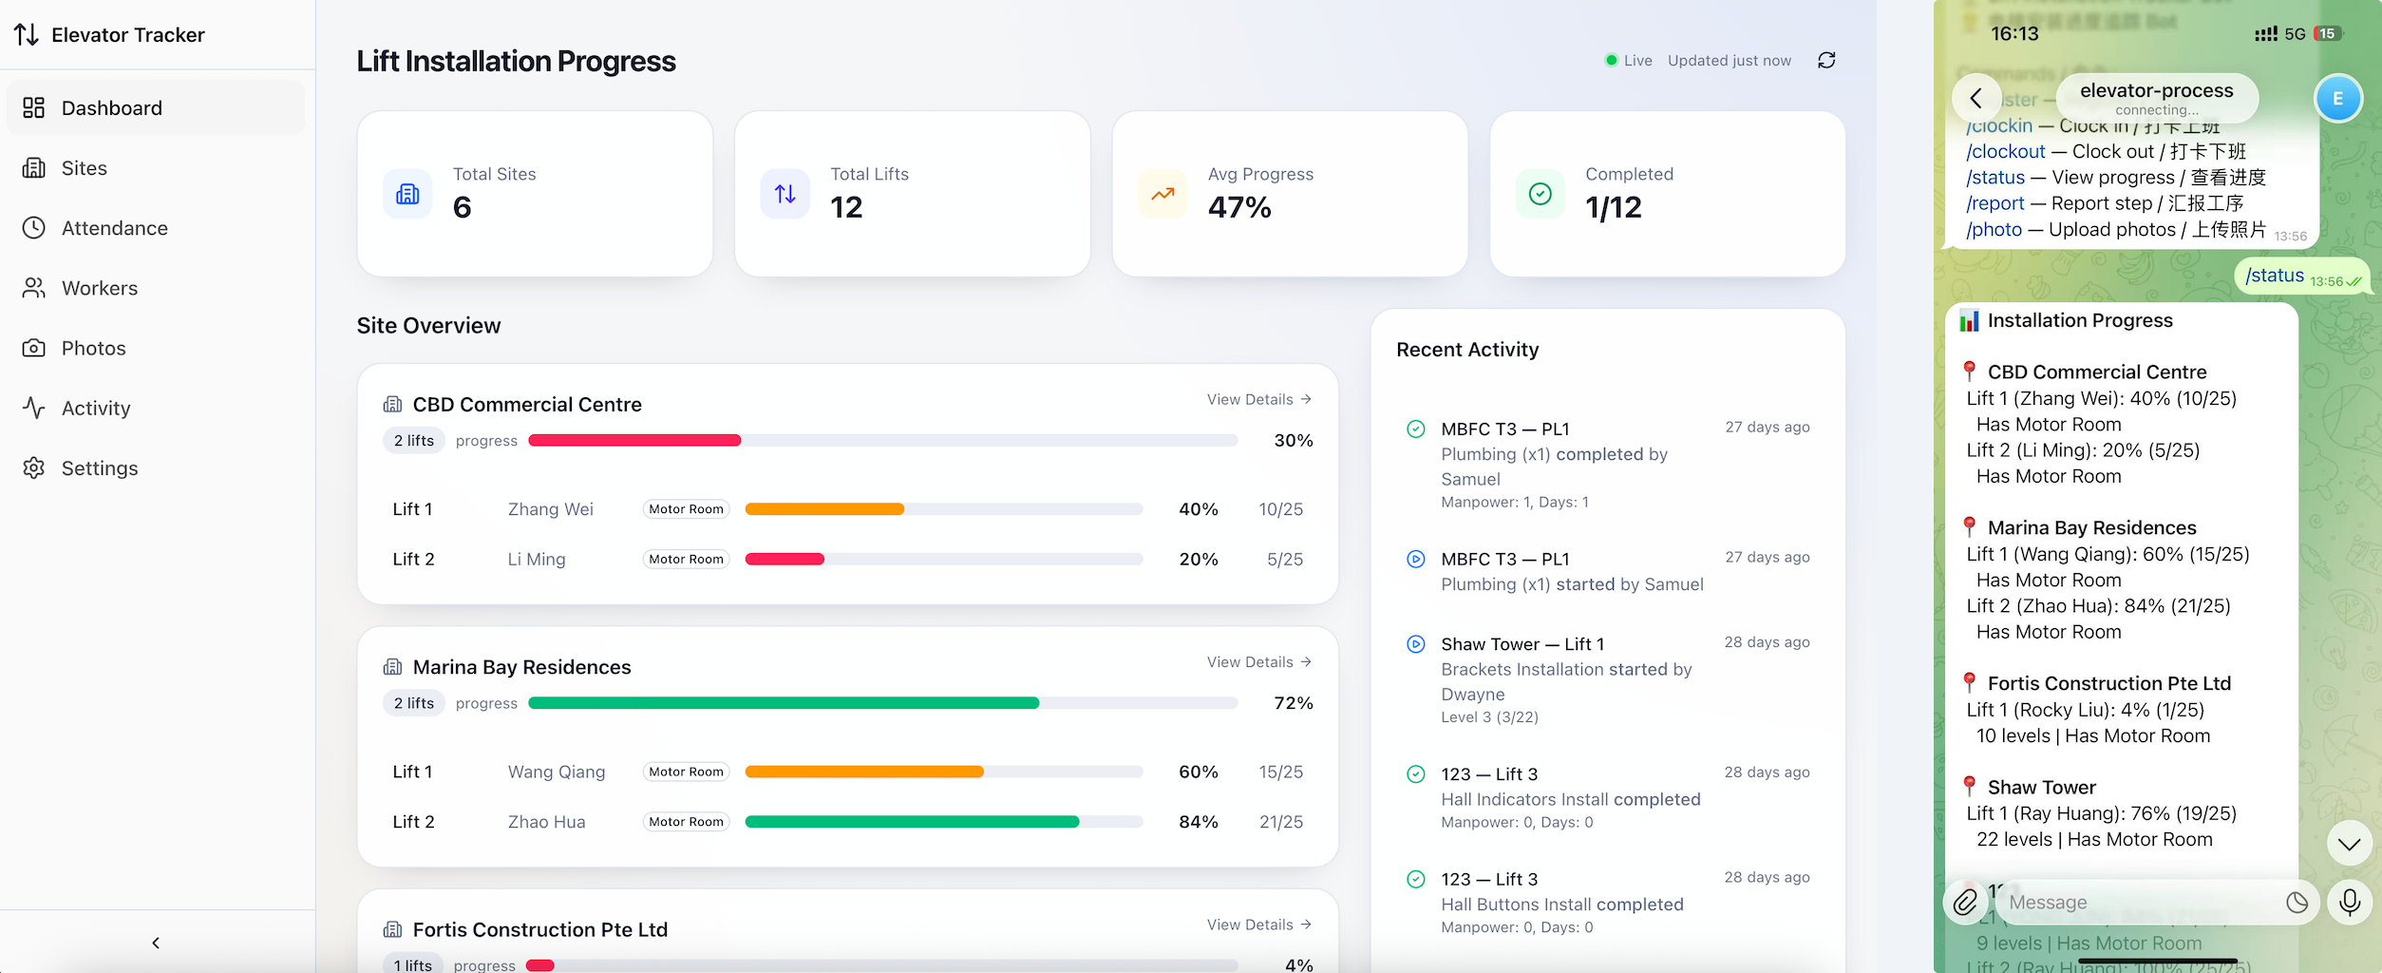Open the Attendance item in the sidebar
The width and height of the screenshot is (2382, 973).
tap(114, 228)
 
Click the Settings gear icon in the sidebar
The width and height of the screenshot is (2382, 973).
tap(34, 467)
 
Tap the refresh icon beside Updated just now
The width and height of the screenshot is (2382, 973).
tap(1826, 61)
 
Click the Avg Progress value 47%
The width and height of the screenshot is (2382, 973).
tap(1239, 207)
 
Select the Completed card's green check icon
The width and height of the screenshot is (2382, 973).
tap(1541, 194)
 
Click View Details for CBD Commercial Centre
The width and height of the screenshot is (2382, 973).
tap(1258, 399)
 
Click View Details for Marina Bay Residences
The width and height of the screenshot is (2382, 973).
tap(1258, 662)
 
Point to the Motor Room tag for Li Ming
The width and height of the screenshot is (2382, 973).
tap(686, 560)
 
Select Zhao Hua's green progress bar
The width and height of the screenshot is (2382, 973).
tap(912, 822)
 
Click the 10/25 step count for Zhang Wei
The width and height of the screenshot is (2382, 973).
tap(1280, 509)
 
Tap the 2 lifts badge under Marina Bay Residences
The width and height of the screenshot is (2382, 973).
tap(414, 703)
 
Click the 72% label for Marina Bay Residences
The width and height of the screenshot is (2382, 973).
tap(1293, 703)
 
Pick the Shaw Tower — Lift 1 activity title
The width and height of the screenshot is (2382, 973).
tap(1522, 644)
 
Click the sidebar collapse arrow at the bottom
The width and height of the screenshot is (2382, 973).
tap(156, 943)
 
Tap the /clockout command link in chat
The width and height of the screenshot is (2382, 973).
tap(2005, 152)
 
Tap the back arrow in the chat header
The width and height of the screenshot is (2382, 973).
tap(1976, 98)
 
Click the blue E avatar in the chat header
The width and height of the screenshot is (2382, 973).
tap(2337, 98)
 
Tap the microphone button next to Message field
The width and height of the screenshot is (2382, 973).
tap(2349, 902)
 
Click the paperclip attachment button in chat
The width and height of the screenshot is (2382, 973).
tap(1965, 902)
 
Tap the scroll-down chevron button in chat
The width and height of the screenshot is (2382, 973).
tap(2349, 844)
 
